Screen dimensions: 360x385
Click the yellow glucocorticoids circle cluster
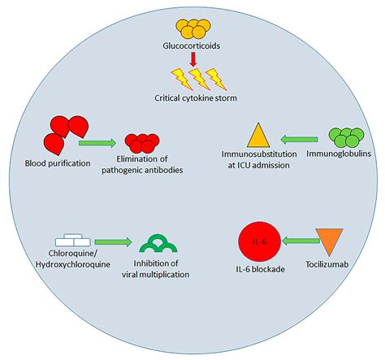(x=192, y=29)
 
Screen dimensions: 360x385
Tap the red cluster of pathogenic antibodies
(x=142, y=144)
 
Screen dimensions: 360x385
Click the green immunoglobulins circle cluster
(x=345, y=136)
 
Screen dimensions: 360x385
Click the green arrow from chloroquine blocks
(x=114, y=241)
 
